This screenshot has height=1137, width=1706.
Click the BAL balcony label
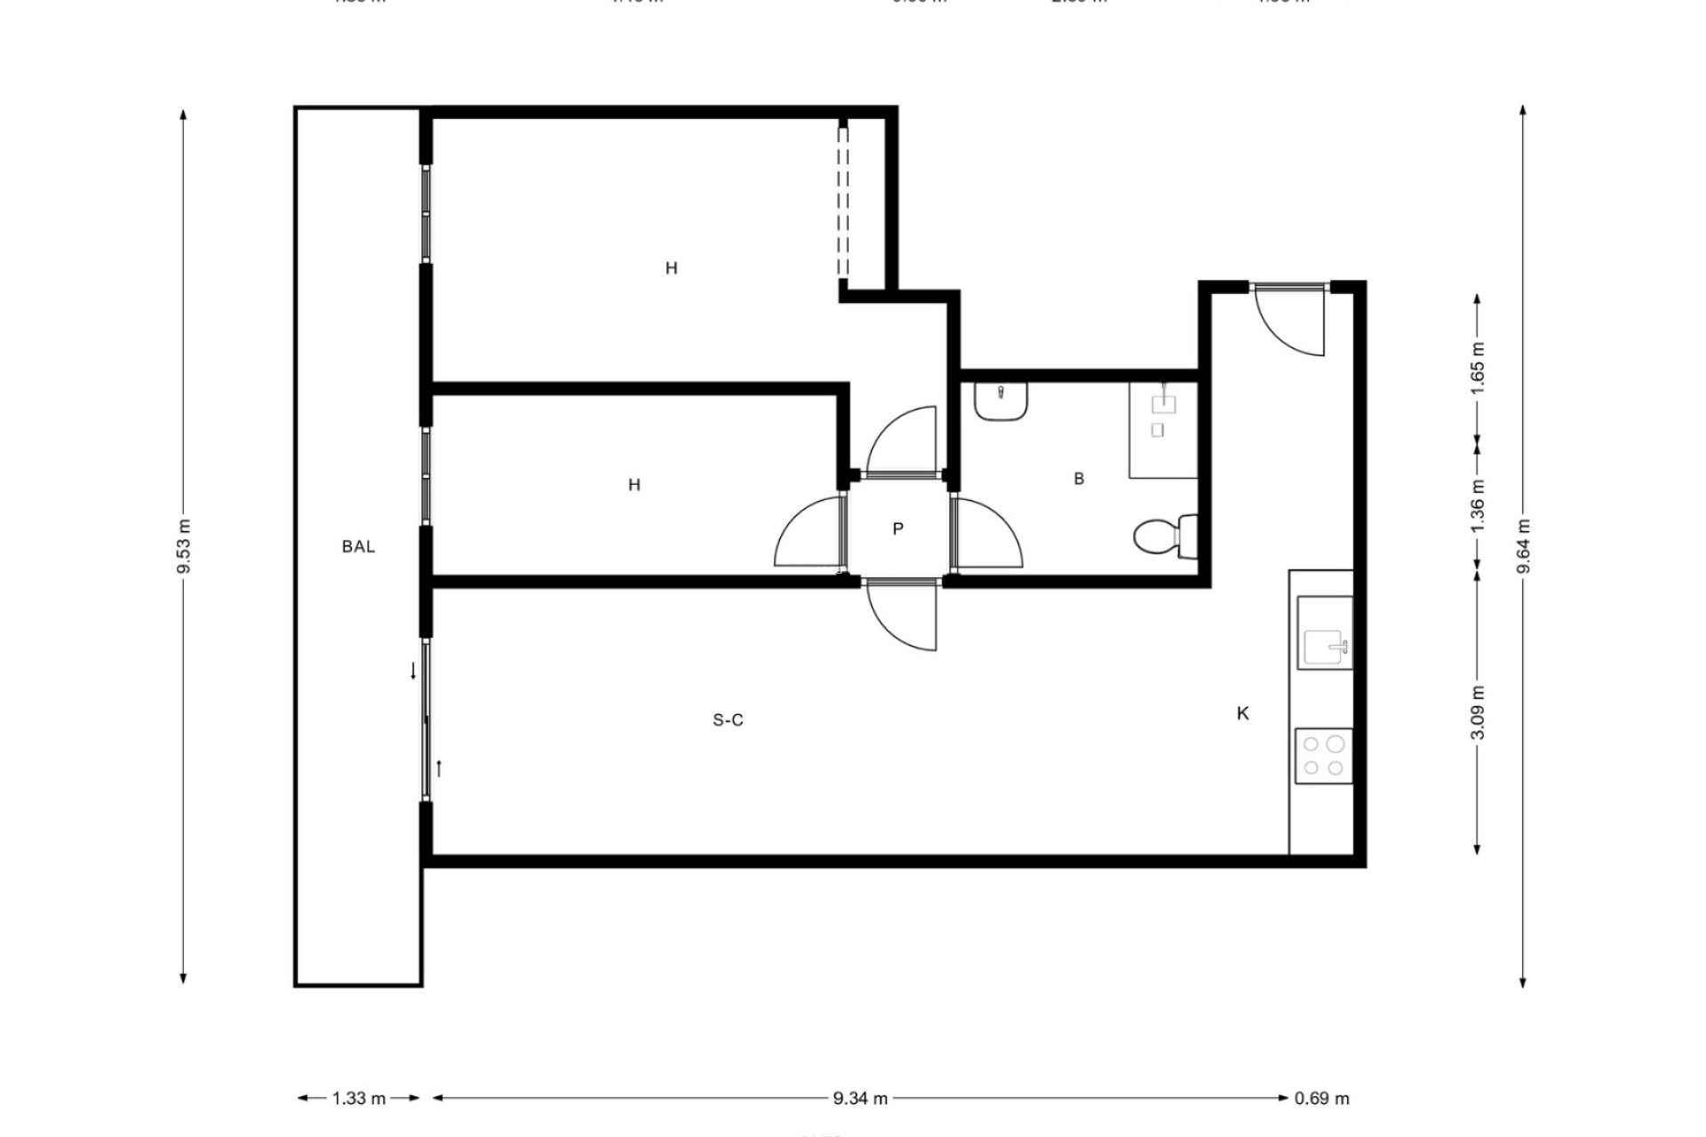click(x=358, y=546)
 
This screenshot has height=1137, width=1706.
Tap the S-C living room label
click(x=728, y=720)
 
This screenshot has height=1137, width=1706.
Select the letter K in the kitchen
click(x=1242, y=713)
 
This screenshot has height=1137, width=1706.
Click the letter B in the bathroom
click(x=1079, y=479)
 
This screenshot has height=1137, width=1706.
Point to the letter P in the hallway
click(x=897, y=529)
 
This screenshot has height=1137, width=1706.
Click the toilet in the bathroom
click(x=1164, y=537)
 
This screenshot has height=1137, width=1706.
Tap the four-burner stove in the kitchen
click(x=1323, y=756)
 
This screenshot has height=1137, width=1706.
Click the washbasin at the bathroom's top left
click(x=1000, y=401)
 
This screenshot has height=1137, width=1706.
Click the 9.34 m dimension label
click(x=860, y=1099)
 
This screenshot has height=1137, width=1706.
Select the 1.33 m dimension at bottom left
click(x=359, y=1099)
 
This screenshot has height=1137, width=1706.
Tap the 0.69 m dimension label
click(x=1321, y=1099)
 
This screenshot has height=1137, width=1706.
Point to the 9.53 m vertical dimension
click(x=184, y=546)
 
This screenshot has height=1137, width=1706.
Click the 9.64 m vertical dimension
click(x=1523, y=546)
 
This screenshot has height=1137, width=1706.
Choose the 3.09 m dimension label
click(x=1477, y=712)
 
